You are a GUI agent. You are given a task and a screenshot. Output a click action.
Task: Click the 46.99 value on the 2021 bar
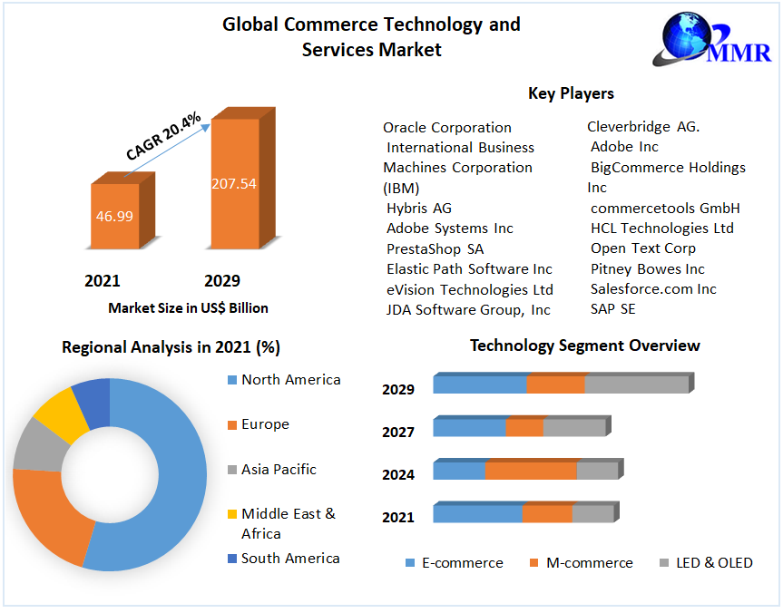pyautogui.click(x=114, y=216)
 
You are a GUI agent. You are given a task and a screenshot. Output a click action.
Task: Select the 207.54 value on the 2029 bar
pyautogui.click(x=234, y=183)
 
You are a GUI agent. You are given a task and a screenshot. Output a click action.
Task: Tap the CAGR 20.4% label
pyautogui.click(x=163, y=137)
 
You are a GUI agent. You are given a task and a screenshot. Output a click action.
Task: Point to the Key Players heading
pyautogui.click(x=571, y=93)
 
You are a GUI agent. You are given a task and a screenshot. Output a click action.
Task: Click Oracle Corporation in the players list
pyautogui.click(x=447, y=128)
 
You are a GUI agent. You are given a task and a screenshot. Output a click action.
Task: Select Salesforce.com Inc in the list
pyautogui.click(x=653, y=289)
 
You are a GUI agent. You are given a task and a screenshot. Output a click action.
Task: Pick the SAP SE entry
pyautogui.click(x=613, y=309)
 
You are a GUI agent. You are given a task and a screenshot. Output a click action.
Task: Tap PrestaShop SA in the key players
pyautogui.click(x=436, y=248)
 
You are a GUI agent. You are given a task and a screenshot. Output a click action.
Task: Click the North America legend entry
pyautogui.click(x=290, y=380)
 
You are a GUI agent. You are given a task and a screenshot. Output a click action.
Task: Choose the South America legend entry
pyautogui.click(x=290, y=559)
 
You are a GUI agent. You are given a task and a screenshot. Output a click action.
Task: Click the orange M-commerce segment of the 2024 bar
pyautogui.click(x=531, y=471)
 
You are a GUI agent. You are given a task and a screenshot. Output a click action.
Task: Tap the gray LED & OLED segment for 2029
pyautogui.click(x=636, y=384)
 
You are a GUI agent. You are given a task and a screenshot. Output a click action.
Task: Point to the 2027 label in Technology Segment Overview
pyautogui.click(x=398, y=433)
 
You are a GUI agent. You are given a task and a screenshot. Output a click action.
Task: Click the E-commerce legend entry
pyautogui.click(x=462, y=563)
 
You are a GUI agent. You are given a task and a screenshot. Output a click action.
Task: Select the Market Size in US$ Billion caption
pyautogui.click(x=188, y=308)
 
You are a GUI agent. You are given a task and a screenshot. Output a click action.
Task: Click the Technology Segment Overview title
pyautogui.click(x=584, y=345)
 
